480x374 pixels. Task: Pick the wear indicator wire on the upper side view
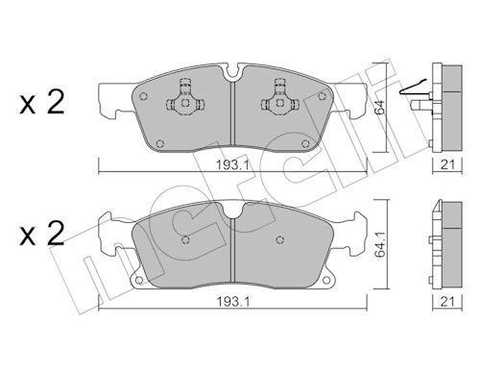(x=415, y=92)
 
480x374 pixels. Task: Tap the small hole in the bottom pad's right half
(x=278, y=240)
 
